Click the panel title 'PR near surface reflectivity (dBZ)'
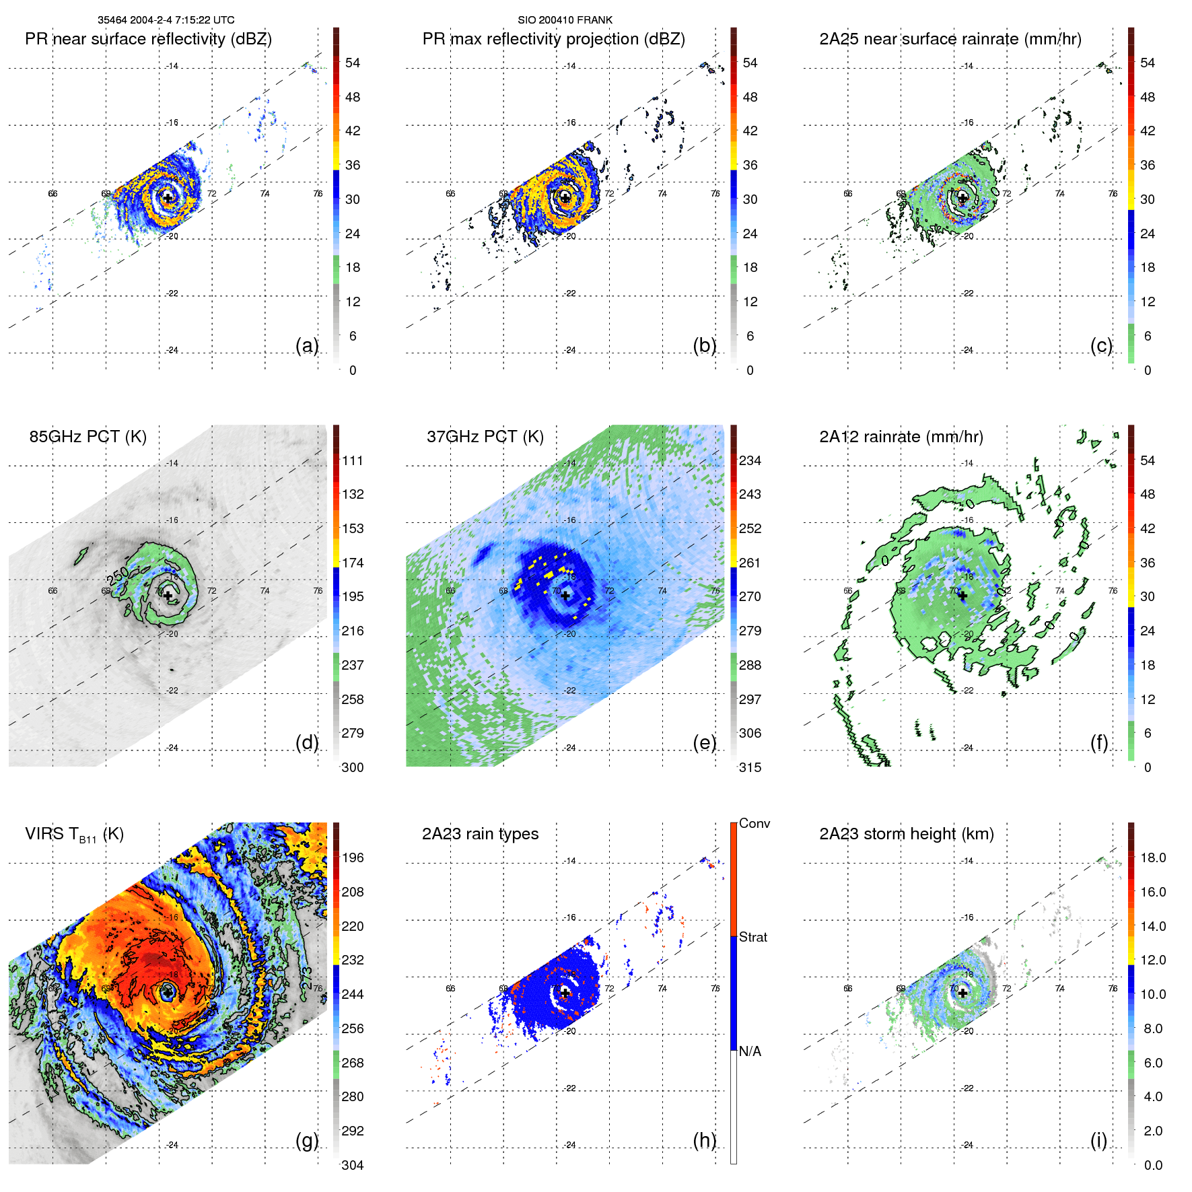[x=148, y=39]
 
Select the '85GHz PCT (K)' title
[x=87, y=436]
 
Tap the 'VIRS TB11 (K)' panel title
[x=74, y=834]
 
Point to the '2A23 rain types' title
[x=480, y=834]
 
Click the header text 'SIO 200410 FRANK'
[x=565, y=20]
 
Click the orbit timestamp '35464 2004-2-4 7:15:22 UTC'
[x=166, y=20]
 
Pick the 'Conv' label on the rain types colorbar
[x=754, y=823]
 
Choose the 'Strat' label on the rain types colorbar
[x=752, y=937]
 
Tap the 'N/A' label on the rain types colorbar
[x=750, y=1051]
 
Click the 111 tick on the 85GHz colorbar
[x=352, y=460]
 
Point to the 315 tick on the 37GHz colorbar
[x=750, y=767]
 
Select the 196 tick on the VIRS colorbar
[x=352, y=857]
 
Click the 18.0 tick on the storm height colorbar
[x=1152, y=857]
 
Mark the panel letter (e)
[x=704, y=742]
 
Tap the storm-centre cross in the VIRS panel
[x=168, y=992]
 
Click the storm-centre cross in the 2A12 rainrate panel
[x=962, y=596]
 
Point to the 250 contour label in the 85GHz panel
[x=117, y=575]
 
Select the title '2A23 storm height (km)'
[x=906, y=834]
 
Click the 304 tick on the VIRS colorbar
[x=352, y=1165]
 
